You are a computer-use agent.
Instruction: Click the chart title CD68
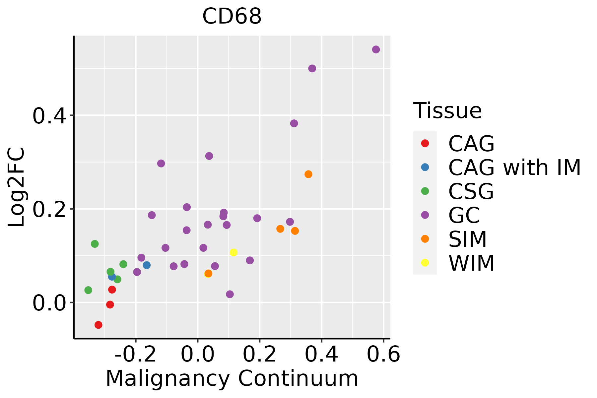coord(232,16)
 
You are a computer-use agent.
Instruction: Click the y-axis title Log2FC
coord(17,187)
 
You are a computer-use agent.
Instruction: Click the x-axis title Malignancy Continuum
coord(232,378)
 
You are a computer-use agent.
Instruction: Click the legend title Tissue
coord(447,111)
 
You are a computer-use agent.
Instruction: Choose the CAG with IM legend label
coord(514,168)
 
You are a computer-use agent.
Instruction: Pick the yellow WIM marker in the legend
coord(425,263)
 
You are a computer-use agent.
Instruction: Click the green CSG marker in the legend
coord(425,191)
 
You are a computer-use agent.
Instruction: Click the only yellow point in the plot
coord(233,253)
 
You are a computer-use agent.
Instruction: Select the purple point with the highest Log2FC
coord(376,49)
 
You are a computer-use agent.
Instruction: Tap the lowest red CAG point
coord(98,325)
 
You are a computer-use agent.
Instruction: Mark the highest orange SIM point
coord(308,174)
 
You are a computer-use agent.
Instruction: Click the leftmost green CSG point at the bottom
coord(88,290)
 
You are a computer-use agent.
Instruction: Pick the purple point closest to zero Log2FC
coord(230,294)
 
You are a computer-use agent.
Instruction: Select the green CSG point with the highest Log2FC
coord(95,244)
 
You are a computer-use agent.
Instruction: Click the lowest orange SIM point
coord(208,274)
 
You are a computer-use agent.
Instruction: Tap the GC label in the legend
coord(464,215)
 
